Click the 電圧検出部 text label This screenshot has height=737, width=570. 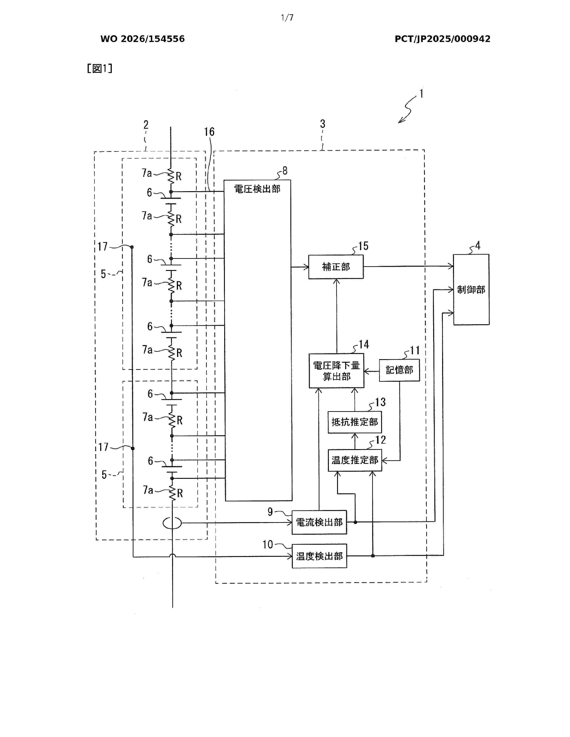[257, 189]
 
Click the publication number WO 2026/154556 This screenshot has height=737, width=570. [143, 39]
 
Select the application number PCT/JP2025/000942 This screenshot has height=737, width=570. [442, 39]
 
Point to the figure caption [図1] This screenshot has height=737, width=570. [100, 69]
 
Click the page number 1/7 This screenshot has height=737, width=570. [287, 18]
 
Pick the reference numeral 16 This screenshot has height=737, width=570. [209, 132]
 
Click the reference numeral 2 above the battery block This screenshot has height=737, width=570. [146, 125]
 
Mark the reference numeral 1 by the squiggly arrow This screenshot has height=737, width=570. [421, 94]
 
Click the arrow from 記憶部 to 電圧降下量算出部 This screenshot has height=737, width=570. [372, 372]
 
